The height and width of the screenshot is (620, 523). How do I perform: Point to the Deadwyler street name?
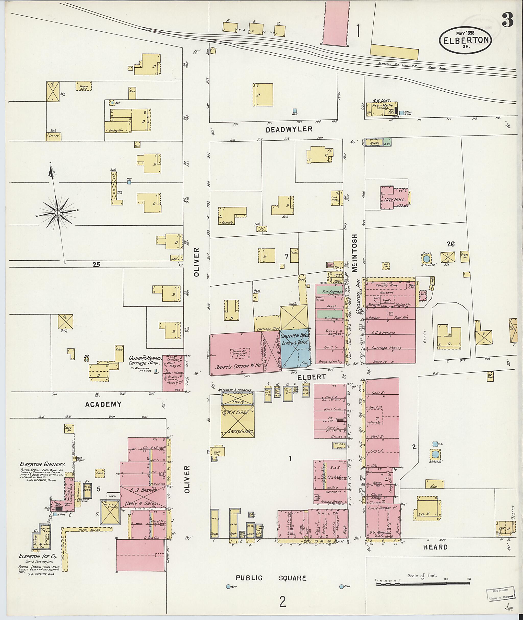289,129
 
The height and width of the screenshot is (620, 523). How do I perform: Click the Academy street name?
103,404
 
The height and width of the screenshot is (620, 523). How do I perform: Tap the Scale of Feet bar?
423,584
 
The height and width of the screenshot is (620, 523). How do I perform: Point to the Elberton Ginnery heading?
43,464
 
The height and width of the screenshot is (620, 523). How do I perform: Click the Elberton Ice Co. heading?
37,557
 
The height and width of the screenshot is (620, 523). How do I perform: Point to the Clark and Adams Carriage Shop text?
145,360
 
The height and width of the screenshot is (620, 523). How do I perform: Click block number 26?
451,244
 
